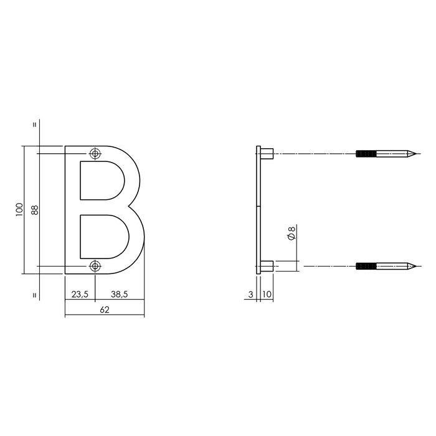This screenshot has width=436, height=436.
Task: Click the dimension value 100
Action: (19, 210)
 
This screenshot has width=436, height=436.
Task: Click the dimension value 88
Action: (34, 210)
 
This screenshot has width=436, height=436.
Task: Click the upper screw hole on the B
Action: (95, 153)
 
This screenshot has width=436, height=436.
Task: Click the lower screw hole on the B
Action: (95, 267)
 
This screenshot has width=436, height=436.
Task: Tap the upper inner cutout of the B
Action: (100, 180)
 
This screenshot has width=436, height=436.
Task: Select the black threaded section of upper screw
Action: (366, 153)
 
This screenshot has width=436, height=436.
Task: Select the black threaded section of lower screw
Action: (366, 267)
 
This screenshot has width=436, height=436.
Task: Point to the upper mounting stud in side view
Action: (266, 153)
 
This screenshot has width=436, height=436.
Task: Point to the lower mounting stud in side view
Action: (266, 267)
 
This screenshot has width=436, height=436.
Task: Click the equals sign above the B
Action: (34, 124)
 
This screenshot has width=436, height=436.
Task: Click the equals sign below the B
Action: (34, 295)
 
